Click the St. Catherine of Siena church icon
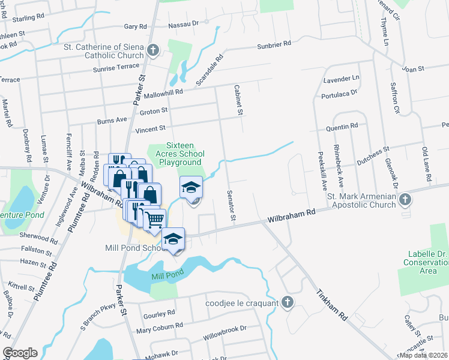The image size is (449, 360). point(153,50)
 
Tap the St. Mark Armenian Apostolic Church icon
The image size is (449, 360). point(405,199)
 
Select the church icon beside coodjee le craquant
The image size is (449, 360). point(288,302)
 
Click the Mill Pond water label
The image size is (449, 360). point(166,276)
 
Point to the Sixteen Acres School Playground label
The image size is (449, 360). point(183,154)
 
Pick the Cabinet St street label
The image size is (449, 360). point(238,100)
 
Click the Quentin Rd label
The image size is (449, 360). point(342,127)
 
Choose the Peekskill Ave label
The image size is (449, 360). point(322,171)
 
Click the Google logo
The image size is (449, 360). point(20,353)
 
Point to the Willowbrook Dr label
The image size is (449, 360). point(226,328)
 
